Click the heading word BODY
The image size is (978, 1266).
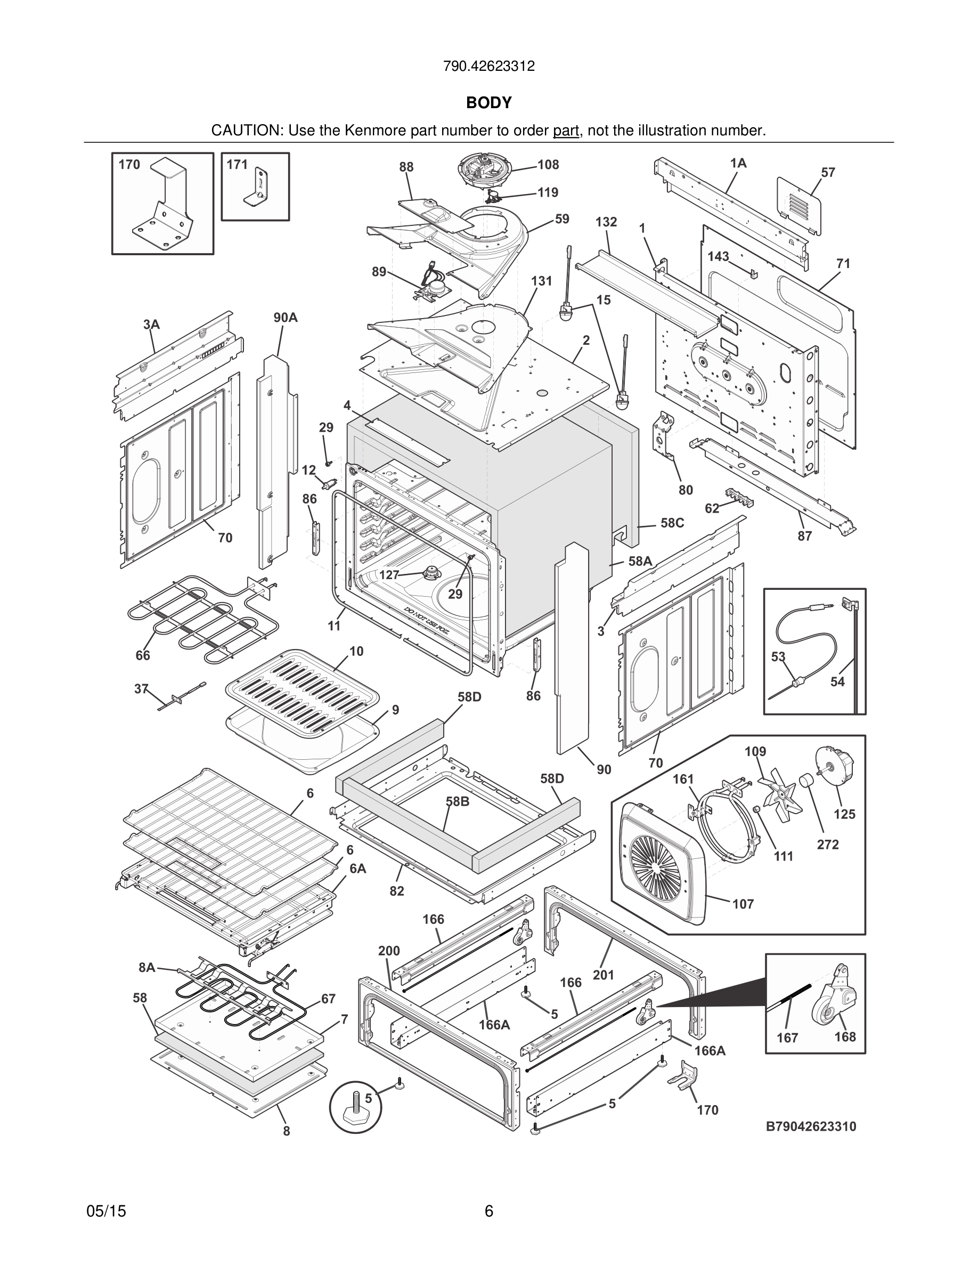(489, 103)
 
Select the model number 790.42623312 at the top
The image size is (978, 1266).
(488, 66)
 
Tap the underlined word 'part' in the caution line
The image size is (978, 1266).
(566, 131)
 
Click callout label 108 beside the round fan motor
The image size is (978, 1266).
(548, 165)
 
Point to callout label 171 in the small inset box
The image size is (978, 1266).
(237, 165)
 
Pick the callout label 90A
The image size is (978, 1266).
(286, 317)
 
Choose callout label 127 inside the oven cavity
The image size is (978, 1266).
(389, 574)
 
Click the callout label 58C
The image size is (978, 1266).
(672, 523)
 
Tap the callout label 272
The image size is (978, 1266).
(828, 845)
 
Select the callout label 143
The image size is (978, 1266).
(718, 256)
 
